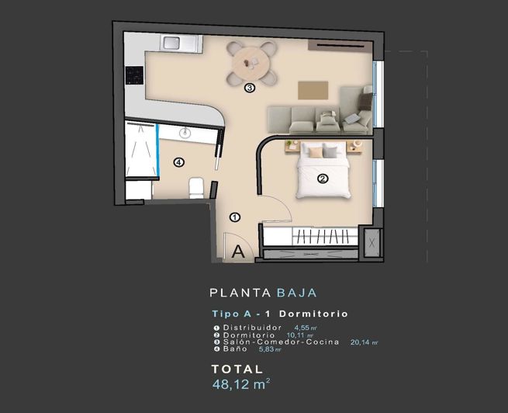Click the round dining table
[251, 58]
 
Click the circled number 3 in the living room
[250, 88]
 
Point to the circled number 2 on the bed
[323, 178]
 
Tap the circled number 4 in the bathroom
[179, 162]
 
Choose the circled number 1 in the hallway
[235, 218]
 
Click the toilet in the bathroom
[196, 186]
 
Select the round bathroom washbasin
[185, 134]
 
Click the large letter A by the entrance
[238, 250]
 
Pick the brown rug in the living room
[313, 88]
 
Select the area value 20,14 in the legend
[363, 342]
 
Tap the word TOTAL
[237, 370]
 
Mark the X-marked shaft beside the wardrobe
[372, 243]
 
